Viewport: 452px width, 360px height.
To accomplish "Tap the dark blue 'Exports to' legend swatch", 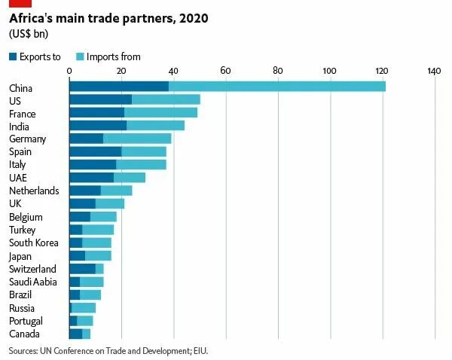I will (14, 56).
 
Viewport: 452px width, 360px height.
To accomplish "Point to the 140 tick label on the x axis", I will (433, 71).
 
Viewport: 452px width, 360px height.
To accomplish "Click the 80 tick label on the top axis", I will (277, 71).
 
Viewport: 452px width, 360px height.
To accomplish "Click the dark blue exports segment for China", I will (118, 87).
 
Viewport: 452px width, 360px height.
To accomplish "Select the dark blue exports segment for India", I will (97, 126).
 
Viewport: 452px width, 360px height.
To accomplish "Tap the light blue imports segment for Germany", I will (137, 139).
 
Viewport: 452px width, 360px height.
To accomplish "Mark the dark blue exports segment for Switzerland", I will (82, 269).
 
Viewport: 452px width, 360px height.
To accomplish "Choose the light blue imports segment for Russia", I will (84, 308).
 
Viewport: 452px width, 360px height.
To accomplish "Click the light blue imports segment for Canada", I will (86, 334).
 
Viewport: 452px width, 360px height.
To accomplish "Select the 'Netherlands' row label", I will (34, 191).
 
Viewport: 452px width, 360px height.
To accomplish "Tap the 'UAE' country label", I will (18, 178).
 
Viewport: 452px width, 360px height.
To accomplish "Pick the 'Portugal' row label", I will (26, 321).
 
